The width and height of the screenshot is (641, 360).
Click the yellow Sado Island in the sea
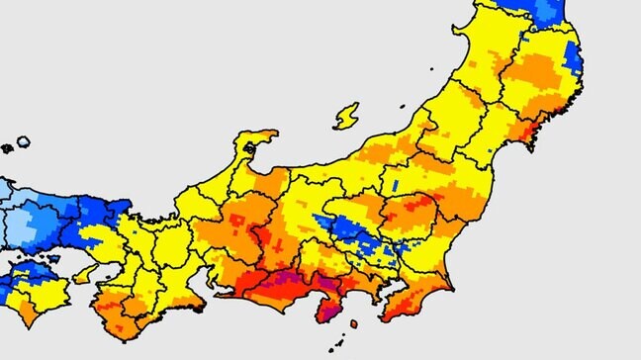(346, 116)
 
